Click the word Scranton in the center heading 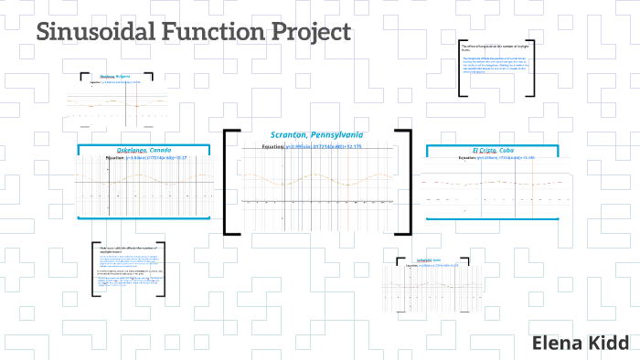click(x=291, y=135)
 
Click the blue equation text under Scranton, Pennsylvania click(x=325, y=146)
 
